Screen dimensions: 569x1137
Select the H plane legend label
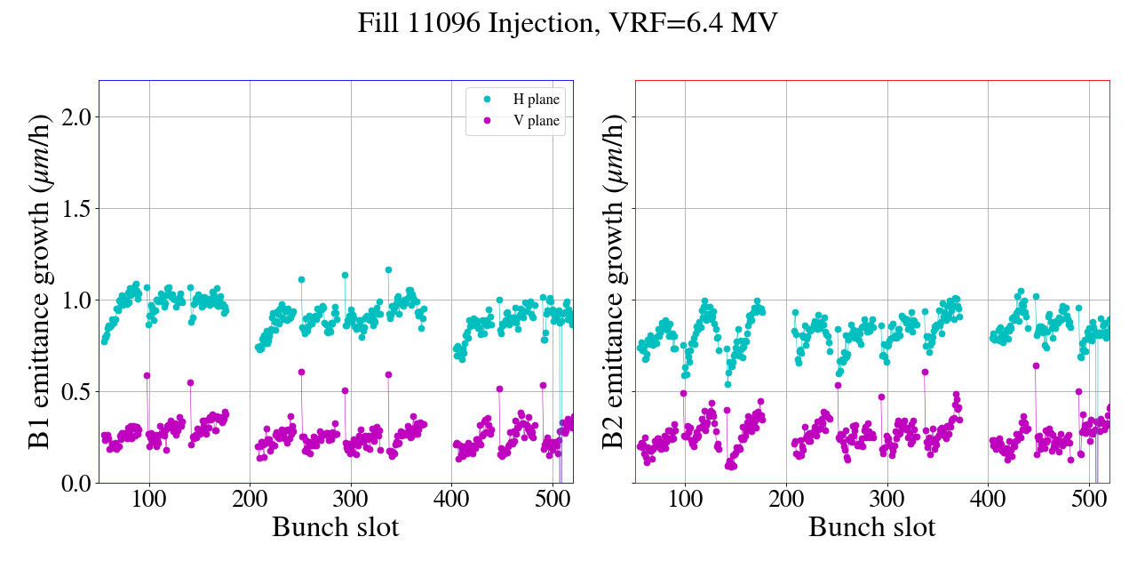[537, 100]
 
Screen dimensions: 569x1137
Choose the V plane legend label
[537, 121]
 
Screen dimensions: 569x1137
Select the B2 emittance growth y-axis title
[613, 282]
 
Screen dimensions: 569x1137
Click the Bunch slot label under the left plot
[335, 527]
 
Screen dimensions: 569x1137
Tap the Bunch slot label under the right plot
[871, 527]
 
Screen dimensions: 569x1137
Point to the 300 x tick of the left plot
[351, 499]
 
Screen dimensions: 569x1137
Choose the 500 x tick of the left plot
[553, 499]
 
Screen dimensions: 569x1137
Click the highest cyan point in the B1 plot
[388, 269]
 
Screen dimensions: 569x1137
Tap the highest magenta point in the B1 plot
[301, 372]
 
